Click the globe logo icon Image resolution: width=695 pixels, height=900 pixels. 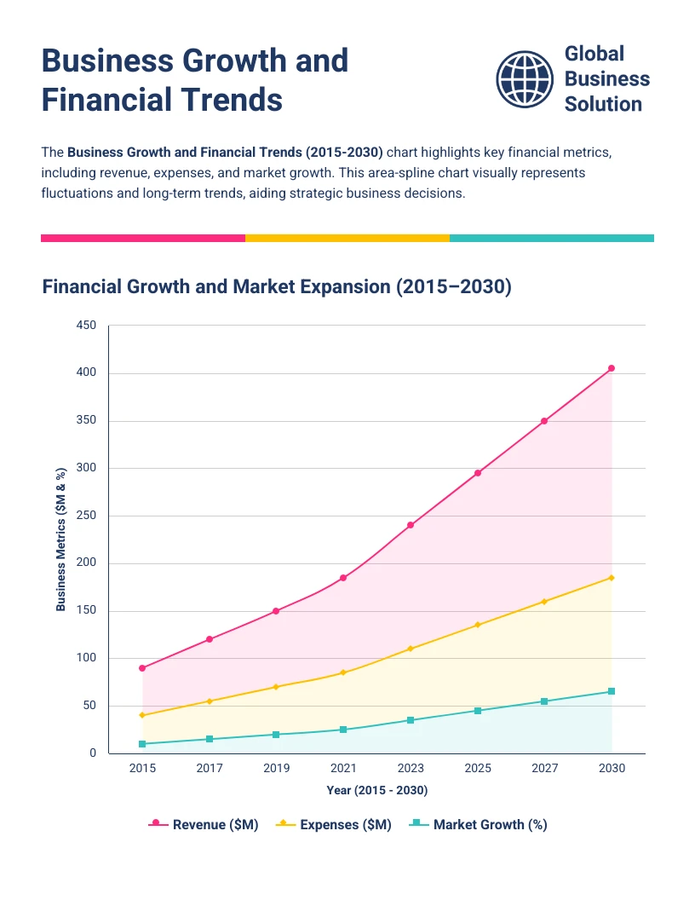tap(524, 78)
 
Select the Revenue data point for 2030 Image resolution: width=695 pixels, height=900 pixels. tap(612, 368)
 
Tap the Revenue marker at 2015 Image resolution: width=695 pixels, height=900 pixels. tap(142, 668)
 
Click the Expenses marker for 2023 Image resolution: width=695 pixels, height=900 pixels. tap(411, 649)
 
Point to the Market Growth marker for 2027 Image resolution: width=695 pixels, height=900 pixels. tap(544, 701)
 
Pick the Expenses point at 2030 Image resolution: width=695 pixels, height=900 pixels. tap(612, 578)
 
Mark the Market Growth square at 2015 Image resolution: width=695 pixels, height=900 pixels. tap(142, 744)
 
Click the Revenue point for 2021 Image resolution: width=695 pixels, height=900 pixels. tap(343, 578)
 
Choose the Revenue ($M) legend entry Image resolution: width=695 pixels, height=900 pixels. tap(204, 824)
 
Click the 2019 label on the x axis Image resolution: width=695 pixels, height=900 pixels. tap(276, 768)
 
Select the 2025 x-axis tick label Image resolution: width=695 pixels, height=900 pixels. tap(478, 768)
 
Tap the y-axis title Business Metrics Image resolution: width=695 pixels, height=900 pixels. tap(60, 539)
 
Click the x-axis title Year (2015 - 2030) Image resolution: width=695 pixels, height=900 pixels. tap(376, 791)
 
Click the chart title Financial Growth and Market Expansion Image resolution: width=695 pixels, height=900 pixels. tap(277, 286)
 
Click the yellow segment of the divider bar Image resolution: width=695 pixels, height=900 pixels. tap(347, 238)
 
